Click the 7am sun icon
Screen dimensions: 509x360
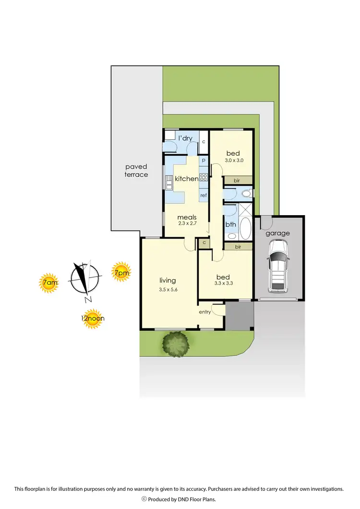[x=49, y=284]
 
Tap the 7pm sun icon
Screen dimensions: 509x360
[x=121, y=272]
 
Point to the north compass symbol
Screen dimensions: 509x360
[x=85, y=279]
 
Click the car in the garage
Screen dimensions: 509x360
[x=278, y=266]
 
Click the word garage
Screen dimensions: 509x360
[x=278, y=233]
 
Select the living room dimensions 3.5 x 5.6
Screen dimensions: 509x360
[x=168, y=290]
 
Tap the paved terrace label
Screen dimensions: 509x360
[x=136, y=171]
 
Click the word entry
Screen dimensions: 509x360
[x=205, y=312]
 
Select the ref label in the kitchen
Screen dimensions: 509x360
[x=204, y=195]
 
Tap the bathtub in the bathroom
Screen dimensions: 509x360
[x=245, y=230]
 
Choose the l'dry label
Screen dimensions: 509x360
[x=185, y=138]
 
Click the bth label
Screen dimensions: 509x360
[x=230, y=224]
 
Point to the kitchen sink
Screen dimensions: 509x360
[x=169, y=182]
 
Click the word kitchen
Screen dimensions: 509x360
[x=186, y=179]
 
